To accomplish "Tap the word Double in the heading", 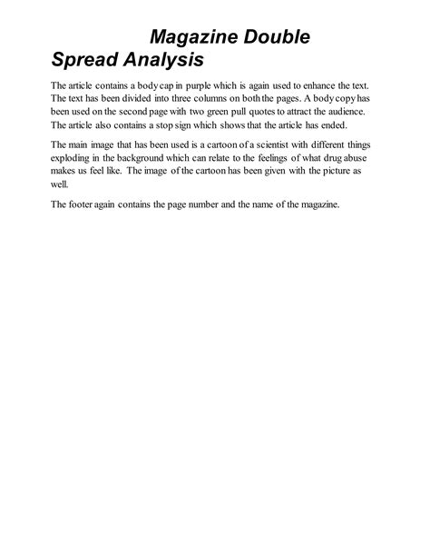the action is click(x=278, y=37).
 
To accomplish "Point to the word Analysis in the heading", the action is click(x=168, y=61).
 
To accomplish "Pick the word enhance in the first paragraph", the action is click(x=325, y=85).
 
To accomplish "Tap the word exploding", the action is click(x=75, y=157).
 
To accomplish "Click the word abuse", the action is click(x=361, y=157).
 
